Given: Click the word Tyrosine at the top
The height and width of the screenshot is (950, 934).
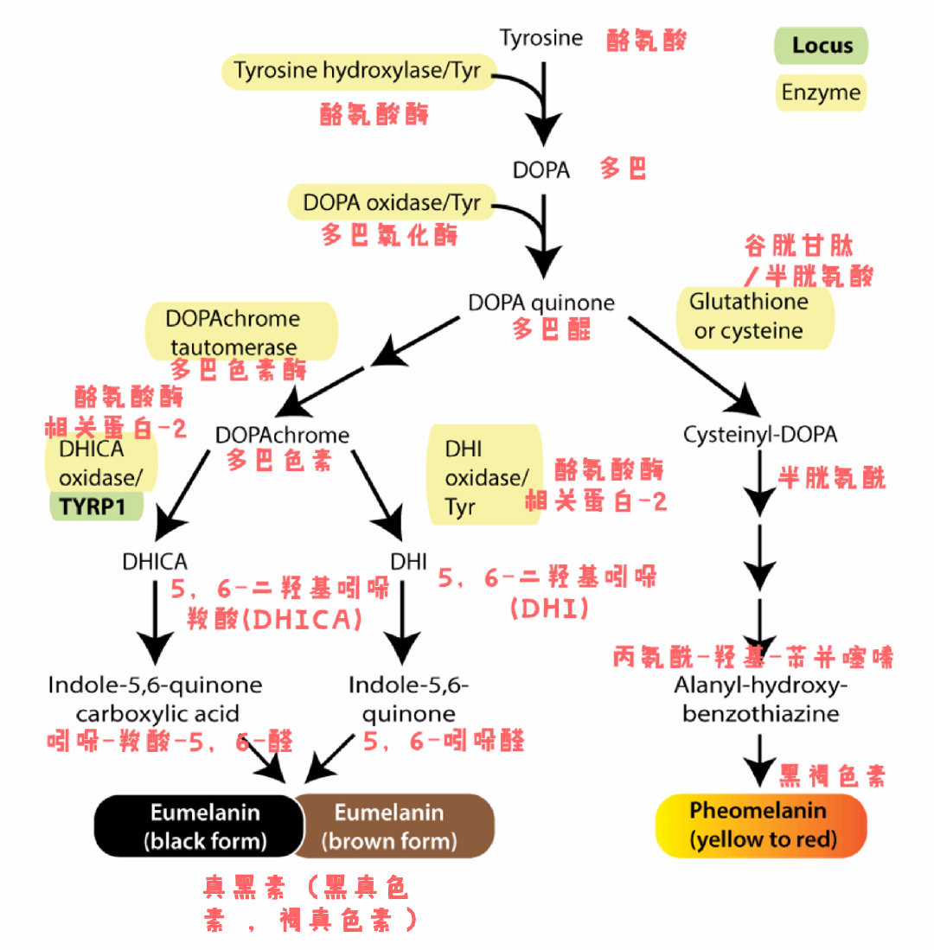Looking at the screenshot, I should pyautogui.click(x=541, y=39).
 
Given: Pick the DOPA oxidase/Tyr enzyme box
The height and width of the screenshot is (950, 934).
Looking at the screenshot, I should pyautogui.click(x=391, y=203).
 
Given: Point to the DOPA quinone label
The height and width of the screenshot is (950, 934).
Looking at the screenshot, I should pyautogui.click(x=541, y=303).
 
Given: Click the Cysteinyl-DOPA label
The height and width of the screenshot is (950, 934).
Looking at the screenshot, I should pyautogui.click(x=759, y=435).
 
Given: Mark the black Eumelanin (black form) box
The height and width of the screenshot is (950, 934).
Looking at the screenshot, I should pyautogui.click(x=200, y=826).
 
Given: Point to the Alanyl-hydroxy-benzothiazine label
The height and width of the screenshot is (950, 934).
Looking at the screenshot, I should pyautogui.click(x=758, y=701).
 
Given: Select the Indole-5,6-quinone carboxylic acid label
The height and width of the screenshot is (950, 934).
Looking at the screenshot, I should pyautogui.click(x=156, y=700).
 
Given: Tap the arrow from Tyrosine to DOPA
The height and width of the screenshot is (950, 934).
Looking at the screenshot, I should pyautogui.click(x=544, y=104).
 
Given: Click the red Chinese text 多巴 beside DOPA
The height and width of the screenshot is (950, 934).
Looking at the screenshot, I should pyautogui.click(x=624, y=169).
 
